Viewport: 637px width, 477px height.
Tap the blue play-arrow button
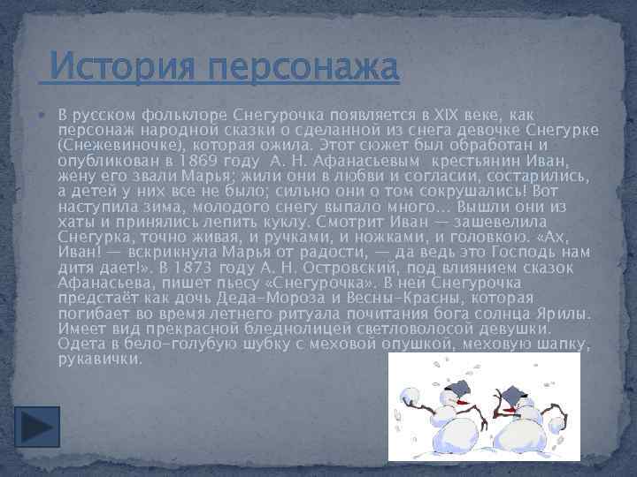point(38,425)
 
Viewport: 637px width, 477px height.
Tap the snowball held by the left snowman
point(409,396)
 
